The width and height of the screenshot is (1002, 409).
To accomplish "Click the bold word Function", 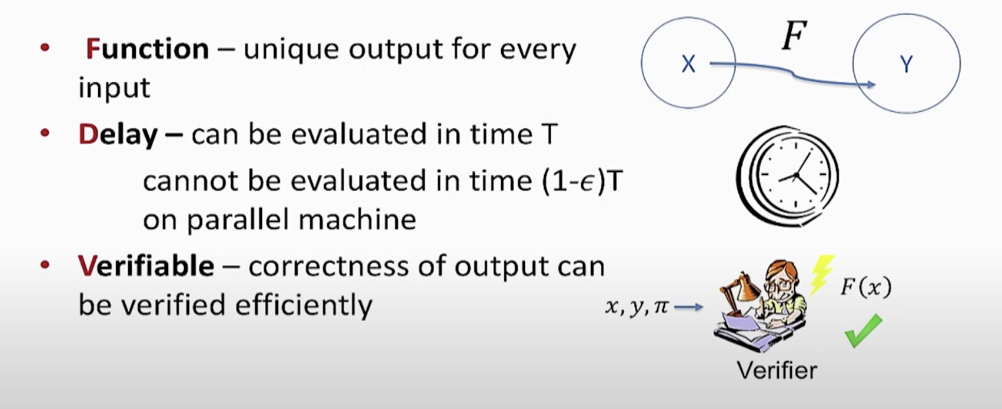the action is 147,49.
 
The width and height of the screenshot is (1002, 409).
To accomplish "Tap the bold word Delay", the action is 118,134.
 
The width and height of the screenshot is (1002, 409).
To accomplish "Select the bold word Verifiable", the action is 146,266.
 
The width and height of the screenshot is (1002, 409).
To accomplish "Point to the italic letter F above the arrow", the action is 794,36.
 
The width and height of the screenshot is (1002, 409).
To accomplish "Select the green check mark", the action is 863,331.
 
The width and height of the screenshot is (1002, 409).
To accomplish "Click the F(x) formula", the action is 866,287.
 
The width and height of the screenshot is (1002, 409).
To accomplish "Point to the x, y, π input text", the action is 637,307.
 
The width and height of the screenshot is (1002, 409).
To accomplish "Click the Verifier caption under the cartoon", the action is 777,370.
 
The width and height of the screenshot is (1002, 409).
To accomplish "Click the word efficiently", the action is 304,305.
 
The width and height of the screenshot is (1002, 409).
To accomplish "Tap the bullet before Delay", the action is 45,133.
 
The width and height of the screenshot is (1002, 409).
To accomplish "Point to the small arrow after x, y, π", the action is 689,307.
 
